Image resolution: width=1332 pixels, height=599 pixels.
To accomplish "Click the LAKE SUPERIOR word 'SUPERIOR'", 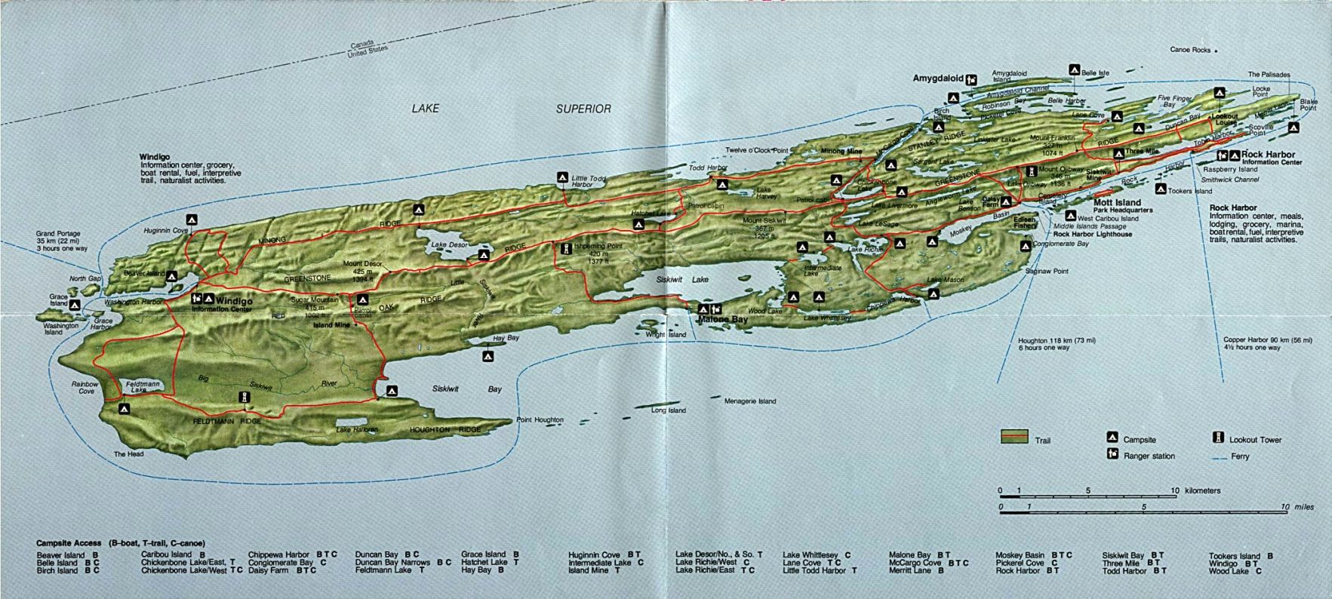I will coord(583,109).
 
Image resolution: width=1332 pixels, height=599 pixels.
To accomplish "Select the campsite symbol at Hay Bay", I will coord(489,356).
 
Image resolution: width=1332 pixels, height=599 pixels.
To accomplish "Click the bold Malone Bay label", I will coord(722,320).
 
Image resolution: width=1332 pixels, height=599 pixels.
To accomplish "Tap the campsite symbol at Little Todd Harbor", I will coord(562,177).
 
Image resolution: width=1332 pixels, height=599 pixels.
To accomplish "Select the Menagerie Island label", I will coord(750,401).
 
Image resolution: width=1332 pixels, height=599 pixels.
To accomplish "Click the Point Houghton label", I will coord(540,419).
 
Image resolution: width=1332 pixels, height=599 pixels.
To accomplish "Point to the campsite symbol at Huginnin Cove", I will coord(192,220).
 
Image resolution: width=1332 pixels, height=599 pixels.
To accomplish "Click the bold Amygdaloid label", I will coord(938,78).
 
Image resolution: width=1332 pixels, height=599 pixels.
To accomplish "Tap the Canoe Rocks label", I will coord(1190,50).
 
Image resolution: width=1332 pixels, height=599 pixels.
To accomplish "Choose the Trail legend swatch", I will coord(1014,437).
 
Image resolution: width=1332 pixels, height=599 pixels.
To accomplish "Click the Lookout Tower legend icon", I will coord(1217,438).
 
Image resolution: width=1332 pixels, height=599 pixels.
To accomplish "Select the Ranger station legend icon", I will coord(1112,454).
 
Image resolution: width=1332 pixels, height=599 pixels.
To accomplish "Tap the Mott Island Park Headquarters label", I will coord(1122,206).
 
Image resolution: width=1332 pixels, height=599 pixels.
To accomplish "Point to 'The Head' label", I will coord(128,454).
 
